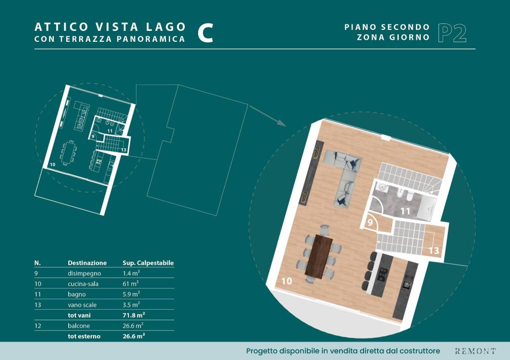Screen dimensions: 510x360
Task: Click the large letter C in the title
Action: pos(206,33)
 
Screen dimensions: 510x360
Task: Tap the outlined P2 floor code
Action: pos(452,33)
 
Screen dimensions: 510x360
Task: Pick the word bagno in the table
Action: pos(77,294)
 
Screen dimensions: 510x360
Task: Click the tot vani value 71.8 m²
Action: pos(133,315)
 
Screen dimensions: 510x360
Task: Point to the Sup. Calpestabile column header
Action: pos(148,263)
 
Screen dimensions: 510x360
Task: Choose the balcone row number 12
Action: pos(38,326)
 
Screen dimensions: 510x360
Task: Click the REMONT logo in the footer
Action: pos(475,351)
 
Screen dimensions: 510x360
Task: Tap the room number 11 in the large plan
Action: pos(405,212)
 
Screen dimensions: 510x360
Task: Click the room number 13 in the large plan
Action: pos(434,250)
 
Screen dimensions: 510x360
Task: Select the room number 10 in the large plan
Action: pos(286,281)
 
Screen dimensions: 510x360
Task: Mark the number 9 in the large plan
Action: pos(370,223)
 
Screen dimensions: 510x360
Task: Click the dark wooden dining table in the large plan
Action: pos(319,257)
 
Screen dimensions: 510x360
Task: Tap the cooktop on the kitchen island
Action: pos(382,275)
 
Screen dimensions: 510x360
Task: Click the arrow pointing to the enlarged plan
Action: pos(267,116)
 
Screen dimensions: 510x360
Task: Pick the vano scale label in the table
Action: pos(82,305)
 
